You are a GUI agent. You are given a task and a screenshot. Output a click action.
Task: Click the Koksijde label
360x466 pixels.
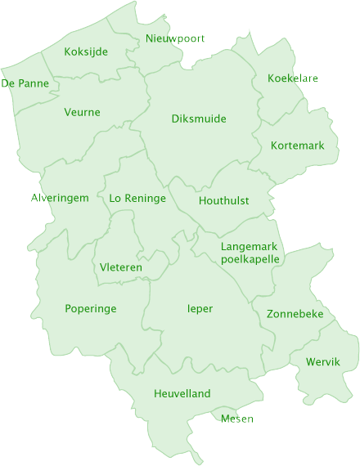coord(86,52)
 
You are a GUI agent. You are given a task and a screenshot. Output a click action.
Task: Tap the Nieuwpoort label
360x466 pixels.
coord(175,38)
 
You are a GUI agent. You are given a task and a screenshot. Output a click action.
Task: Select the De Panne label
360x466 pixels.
coord(25,83)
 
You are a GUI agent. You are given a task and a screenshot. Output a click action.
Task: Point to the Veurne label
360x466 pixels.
coord(82,112)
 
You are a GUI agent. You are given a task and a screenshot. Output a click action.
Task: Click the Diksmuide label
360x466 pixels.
coord(199,119)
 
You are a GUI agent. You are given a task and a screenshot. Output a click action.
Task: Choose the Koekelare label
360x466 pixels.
coord(293,78)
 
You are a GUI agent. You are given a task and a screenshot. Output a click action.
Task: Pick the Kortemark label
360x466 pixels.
coord(298,146)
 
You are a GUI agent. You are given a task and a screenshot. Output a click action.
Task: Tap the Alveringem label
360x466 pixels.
coord(60,198)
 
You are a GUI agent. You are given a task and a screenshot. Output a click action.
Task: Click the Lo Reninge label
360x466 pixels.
coord(137,198)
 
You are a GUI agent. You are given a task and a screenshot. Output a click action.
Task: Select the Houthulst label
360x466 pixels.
coord(224,200)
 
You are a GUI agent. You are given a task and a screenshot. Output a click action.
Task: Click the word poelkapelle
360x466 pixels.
coord(250,259)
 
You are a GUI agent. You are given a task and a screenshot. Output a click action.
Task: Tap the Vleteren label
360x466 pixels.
coord(121,267)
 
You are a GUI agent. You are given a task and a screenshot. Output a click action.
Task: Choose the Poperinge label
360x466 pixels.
coord(91,308)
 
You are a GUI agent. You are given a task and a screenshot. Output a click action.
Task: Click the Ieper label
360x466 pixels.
coord(200,308)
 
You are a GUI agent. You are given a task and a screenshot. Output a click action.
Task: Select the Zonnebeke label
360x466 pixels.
coord(295,314)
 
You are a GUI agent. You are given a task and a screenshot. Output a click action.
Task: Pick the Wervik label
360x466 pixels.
coord(322,361)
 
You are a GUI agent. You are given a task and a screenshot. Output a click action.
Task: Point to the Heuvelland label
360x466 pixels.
coord(182,394)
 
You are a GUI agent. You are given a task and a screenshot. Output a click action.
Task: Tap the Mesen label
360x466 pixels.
coord(237,419)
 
